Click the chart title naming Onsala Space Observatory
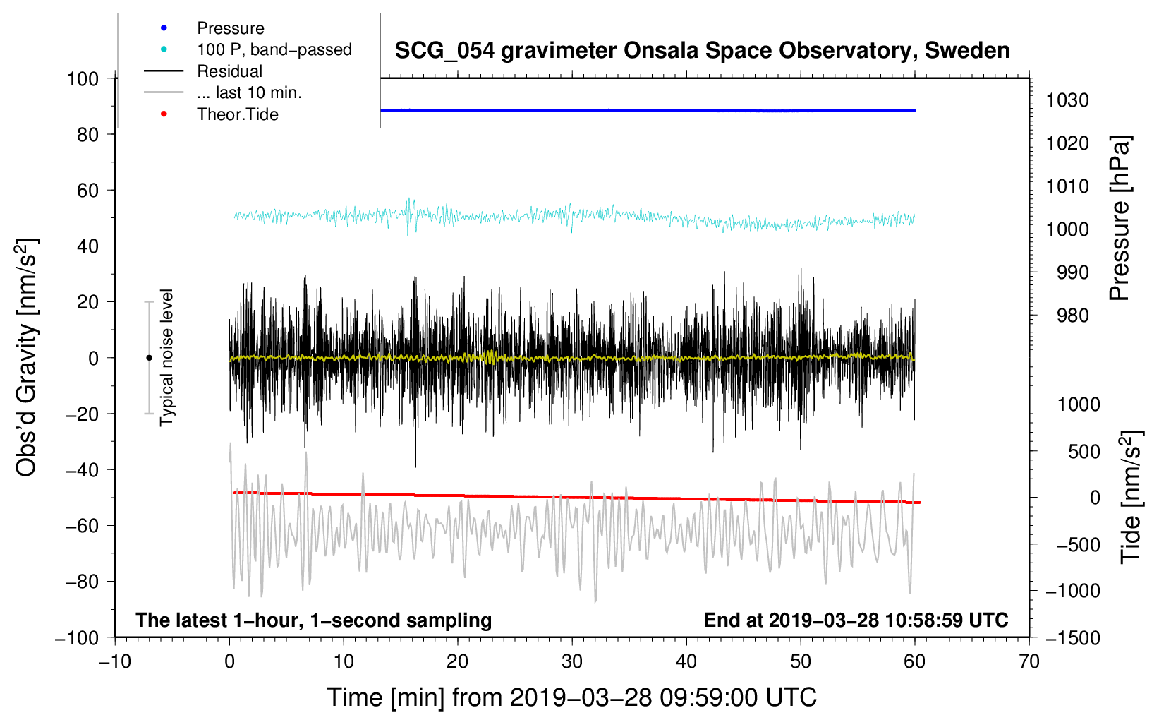coord(702,51)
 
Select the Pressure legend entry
coord(230,28)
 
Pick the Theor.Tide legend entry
coord(237,114)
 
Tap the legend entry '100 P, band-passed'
coord(274,49)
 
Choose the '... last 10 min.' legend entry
coord(249,92)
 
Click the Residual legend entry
coord(229,71)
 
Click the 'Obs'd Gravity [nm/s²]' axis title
coord(27,357)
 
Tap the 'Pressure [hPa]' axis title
coord(1120,219)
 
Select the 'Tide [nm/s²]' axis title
coord(1131,497)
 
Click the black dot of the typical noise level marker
coord(149,358)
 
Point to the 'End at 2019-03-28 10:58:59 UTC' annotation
coord(856,620)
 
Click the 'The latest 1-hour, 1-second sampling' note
coord(313,620)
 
